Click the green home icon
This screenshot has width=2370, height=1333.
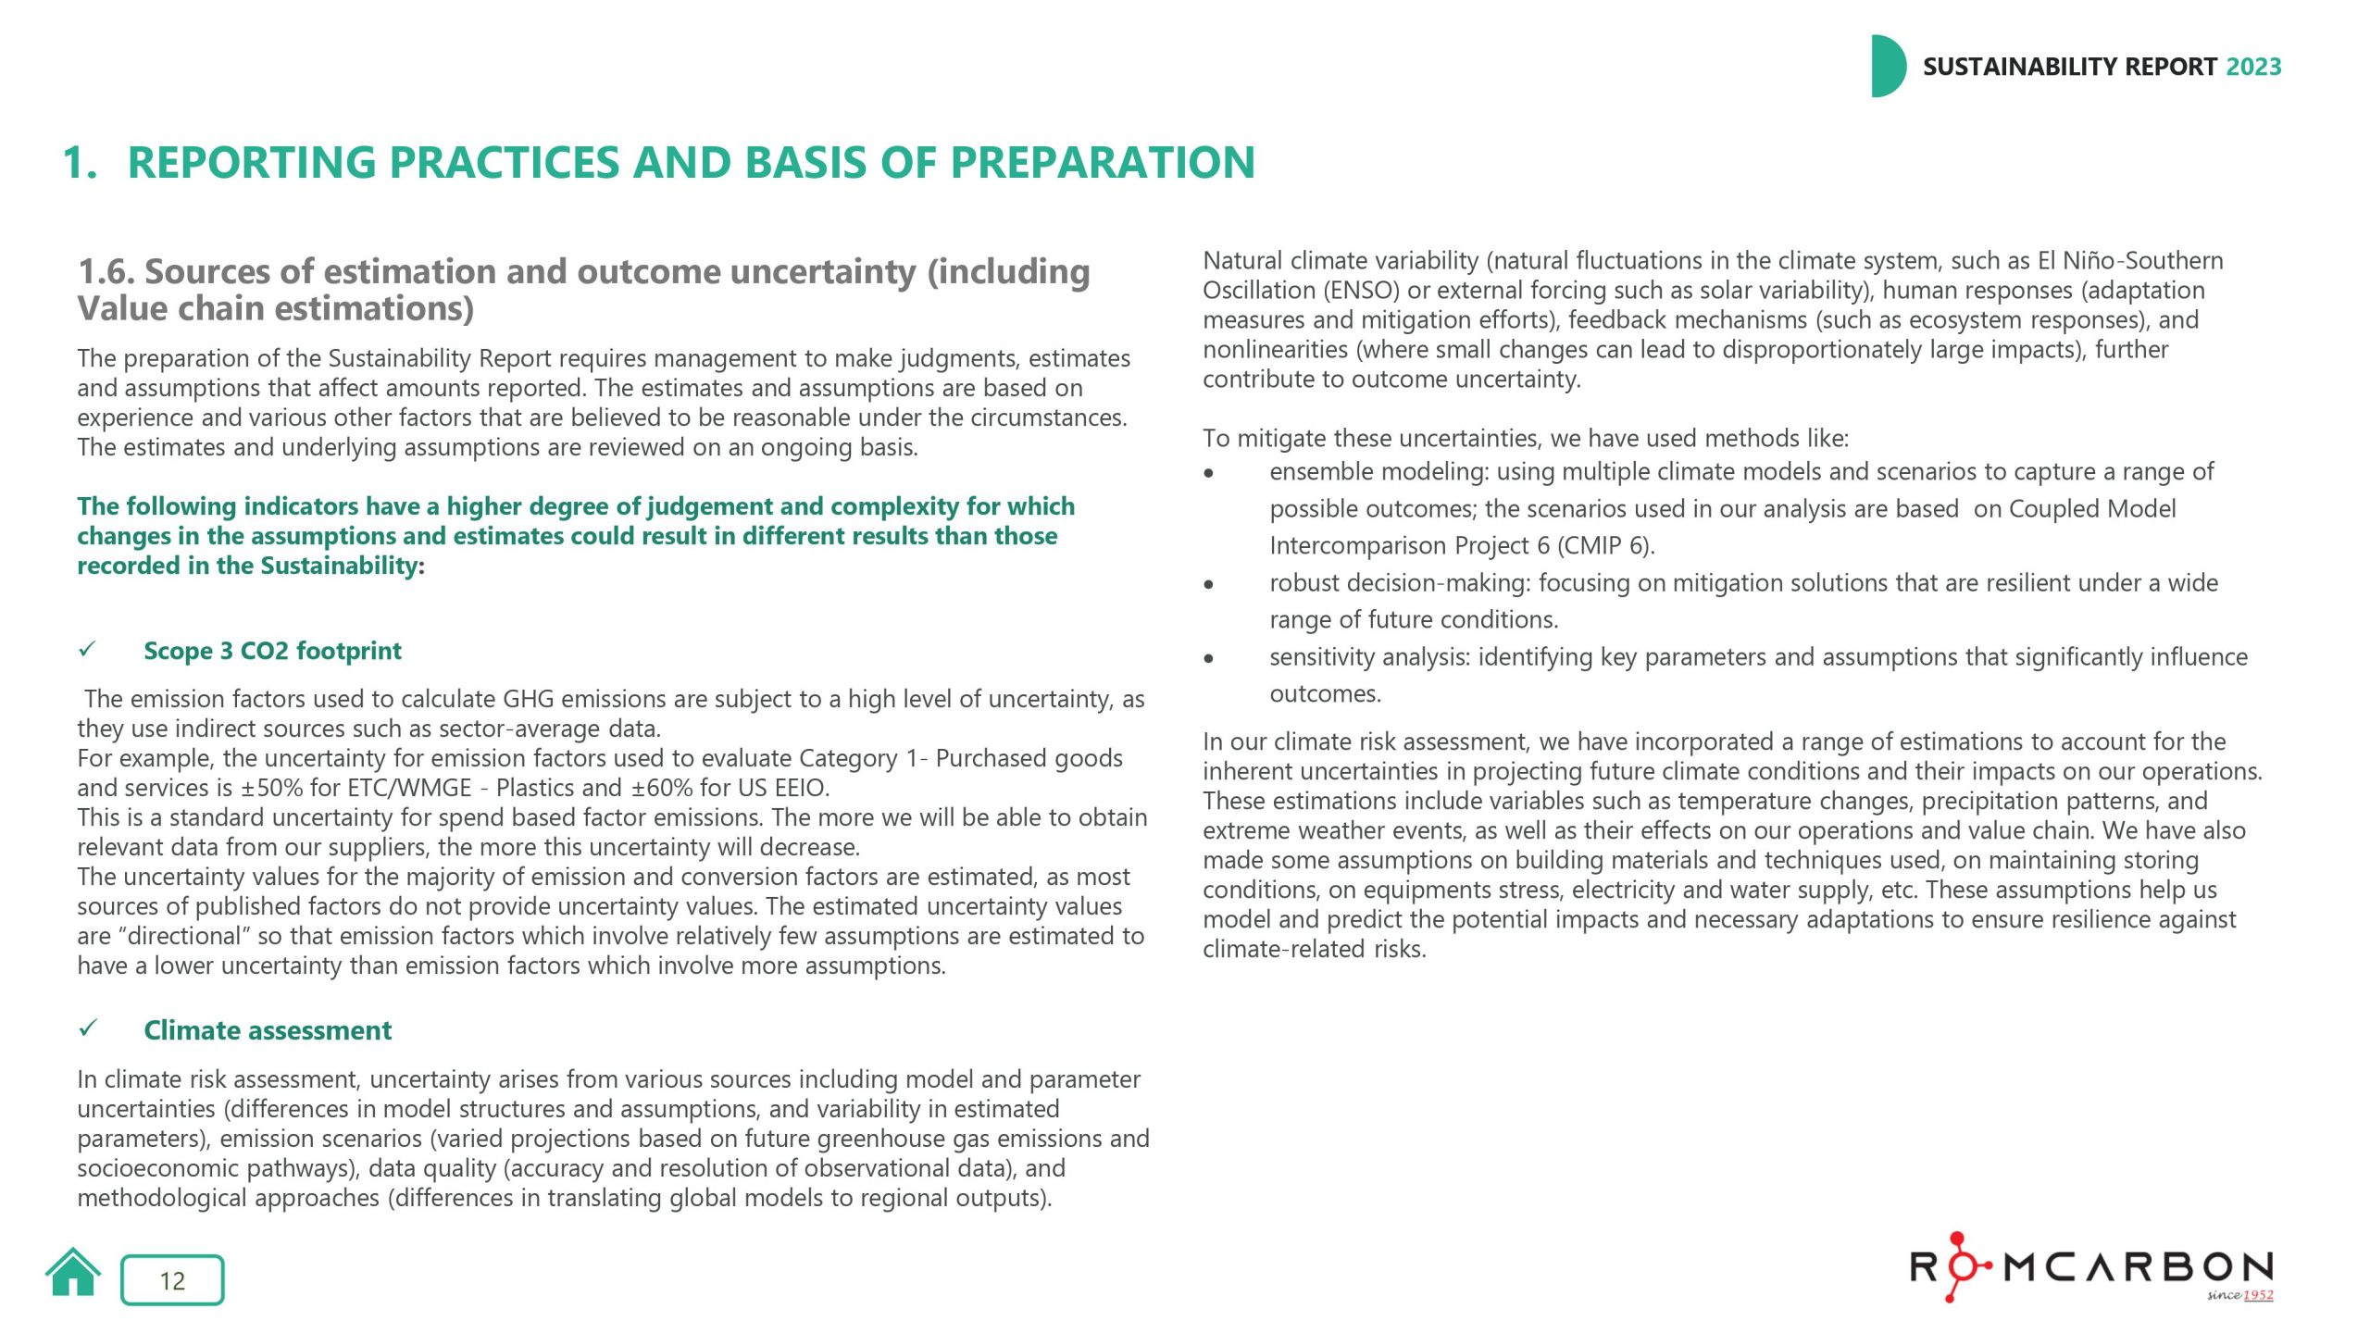pyautogui.click(x=72, y=1274)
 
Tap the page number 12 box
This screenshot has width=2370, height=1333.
pyautogui.click(x=172, y=1280)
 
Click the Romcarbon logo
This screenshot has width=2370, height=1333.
pyautogui.click(x=2091, y=1267)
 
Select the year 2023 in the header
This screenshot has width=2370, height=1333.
pyautogui.click(x=2253, y=67)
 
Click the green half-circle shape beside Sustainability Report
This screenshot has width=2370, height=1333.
pyautogui.click(x=1887, y=67)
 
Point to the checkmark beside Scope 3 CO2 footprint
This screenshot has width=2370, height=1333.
pyautogui.click(x=88, y=649)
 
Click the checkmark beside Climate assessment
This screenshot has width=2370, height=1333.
pyautogui.click(x=88, y=1028)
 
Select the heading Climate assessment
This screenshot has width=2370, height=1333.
pyautogui.click(x=268, y=1030)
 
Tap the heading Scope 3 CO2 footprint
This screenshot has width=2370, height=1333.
pyautogui.click(x=272, y=651)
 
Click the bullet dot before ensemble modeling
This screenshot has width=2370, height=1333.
pyautogui.click(x=1208, y=473)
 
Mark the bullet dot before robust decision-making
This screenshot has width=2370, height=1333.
pyautogui.click(x=1208, y=584)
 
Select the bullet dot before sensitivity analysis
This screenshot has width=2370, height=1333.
pyautogui.click(x=1208, y=658)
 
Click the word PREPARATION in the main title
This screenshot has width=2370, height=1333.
pyautogui.click(x=1103, y=163)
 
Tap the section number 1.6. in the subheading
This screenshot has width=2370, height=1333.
pyautogui.click(x=106, y=272)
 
